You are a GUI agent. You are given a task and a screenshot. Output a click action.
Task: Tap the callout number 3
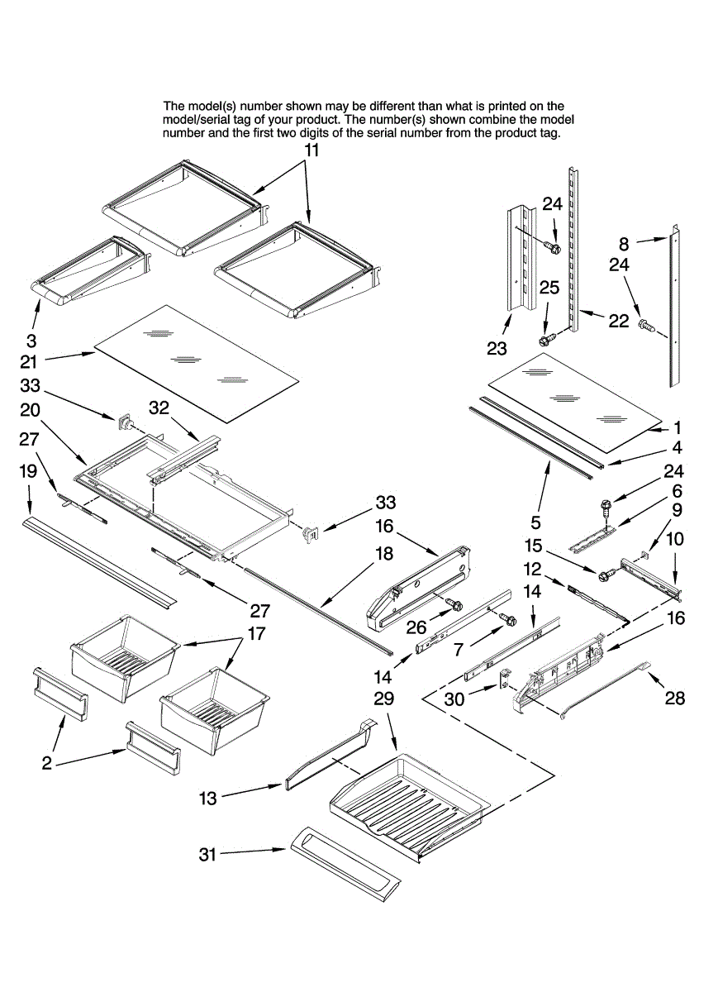tap(31, 340)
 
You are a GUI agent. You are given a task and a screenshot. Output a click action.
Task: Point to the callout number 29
tap(383, 699)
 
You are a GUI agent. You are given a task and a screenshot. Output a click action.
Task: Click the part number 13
tap(208, 798)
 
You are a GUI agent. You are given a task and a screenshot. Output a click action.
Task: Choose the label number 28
tap(675, 699)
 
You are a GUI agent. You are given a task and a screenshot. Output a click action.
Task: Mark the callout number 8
tap(624, 244)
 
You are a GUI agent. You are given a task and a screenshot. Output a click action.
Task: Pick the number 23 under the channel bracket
tap(496, 349)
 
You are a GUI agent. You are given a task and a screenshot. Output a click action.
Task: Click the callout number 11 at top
tap(311, 150)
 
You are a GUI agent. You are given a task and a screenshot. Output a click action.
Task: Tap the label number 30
tap(454, 699)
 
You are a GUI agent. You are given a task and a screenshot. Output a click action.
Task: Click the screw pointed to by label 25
tap(546, 340)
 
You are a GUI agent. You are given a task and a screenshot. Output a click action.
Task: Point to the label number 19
tap(28, 471)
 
